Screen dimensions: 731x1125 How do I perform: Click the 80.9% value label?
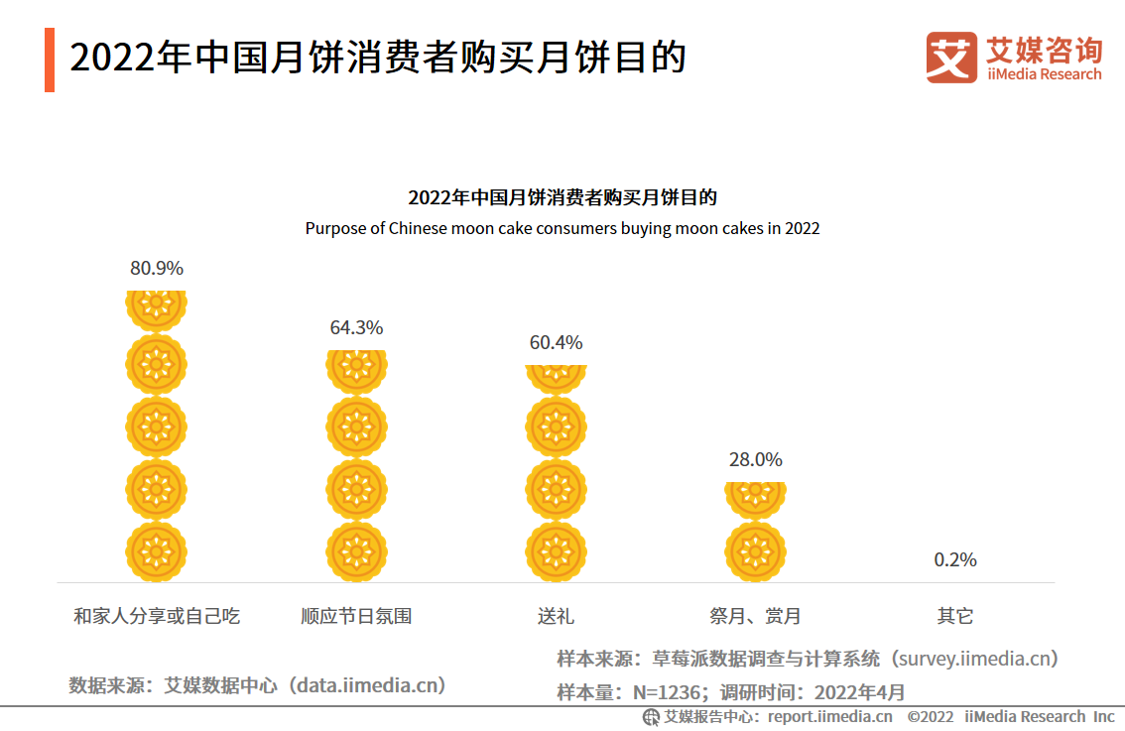(157, 268)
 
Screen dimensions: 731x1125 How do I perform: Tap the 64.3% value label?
(356, 327)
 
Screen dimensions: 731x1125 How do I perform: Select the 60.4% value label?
(556, 343)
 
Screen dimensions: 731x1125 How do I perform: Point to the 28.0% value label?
(755, 459)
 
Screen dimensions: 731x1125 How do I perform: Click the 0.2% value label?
(955, 559)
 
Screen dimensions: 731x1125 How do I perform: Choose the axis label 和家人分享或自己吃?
(157, 616)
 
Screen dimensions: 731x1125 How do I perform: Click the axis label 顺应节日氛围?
(356, 616)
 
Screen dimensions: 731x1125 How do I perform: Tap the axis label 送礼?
(556, 616)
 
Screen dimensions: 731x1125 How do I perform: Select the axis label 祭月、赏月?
(755, 616)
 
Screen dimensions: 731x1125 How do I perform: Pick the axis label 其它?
(955, 616)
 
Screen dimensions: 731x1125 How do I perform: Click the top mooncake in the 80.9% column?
(157, 307)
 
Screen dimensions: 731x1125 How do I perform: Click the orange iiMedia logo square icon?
(951, 58)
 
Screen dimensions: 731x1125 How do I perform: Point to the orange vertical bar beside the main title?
(50, 60)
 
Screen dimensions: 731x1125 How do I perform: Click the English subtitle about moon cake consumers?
(562, 228)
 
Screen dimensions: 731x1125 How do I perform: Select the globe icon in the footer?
(651, 717)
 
